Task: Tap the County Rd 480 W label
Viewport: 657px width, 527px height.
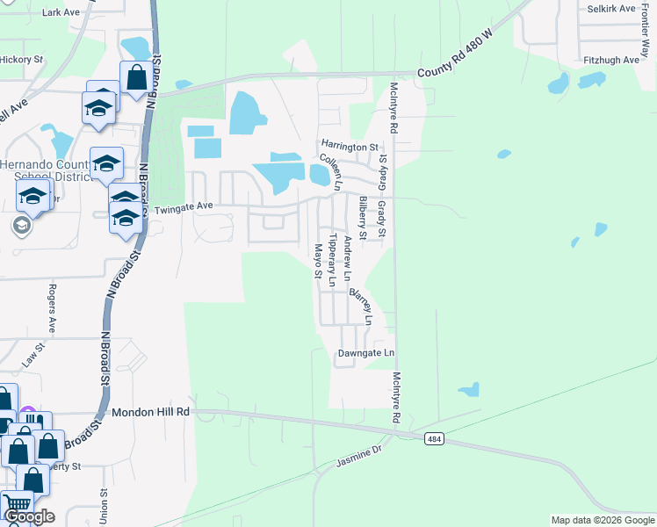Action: click(x=457, y=70)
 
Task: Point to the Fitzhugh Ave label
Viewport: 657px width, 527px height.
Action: click(x=611, y=60)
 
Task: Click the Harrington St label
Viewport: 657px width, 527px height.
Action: click(x=349, y=148)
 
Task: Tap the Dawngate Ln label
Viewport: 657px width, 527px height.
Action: click(x=366, y=353)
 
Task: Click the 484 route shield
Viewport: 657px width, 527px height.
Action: click(x=434, y=437)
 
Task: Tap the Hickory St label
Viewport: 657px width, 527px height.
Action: click(x=21, y=60)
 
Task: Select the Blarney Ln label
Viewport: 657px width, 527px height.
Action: click(x=362, y=307)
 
